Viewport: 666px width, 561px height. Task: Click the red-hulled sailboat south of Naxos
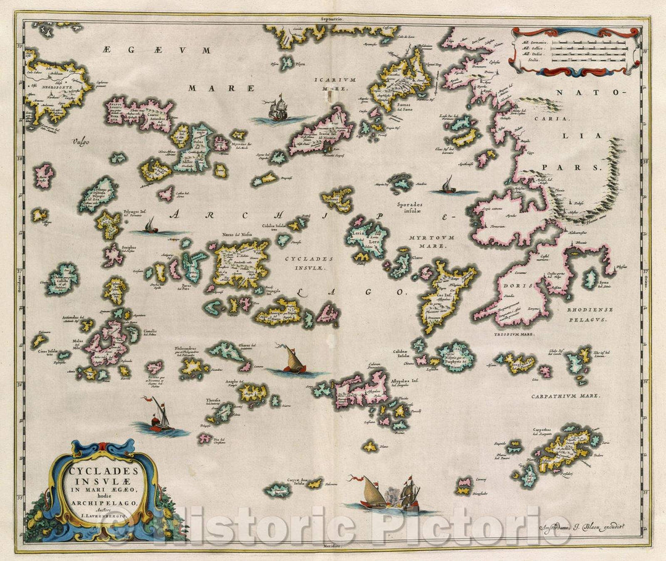click(293, 361)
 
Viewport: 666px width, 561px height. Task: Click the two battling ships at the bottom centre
click(388, 494)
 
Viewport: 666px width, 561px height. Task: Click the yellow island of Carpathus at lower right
click(564, 449)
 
